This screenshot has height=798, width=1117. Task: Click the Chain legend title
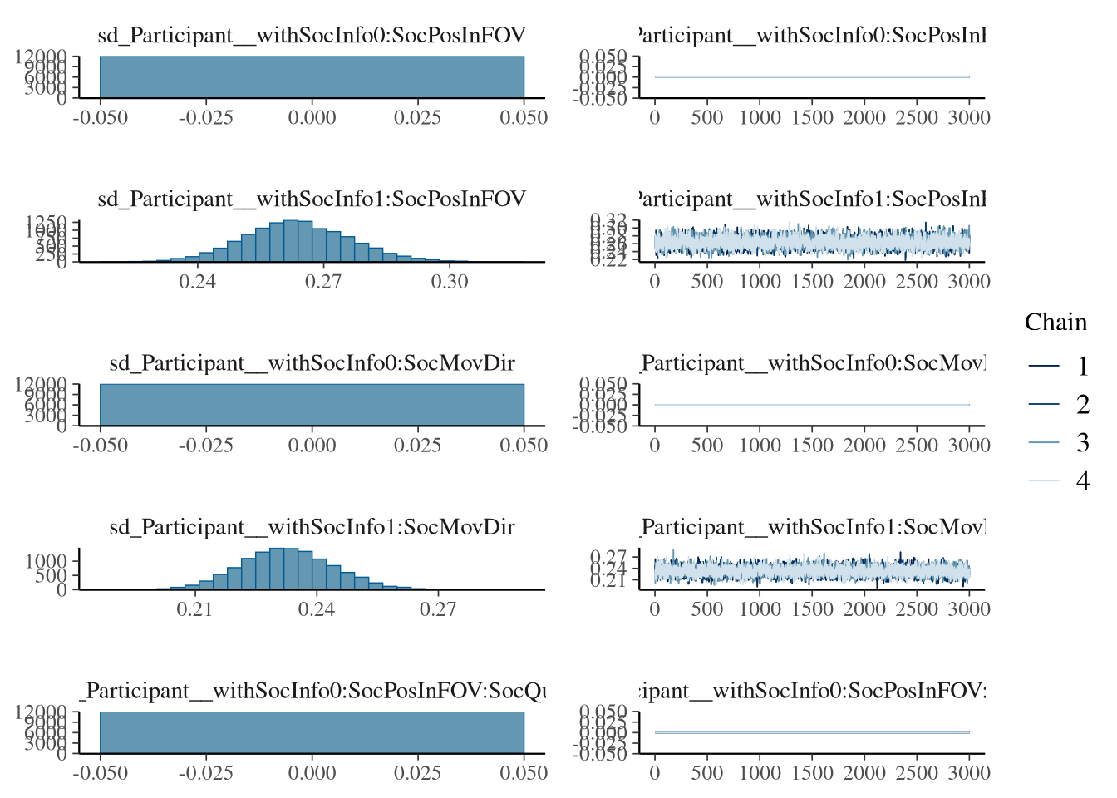(x=1055, y=323)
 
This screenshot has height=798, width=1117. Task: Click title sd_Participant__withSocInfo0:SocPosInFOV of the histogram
(x=312, y=36)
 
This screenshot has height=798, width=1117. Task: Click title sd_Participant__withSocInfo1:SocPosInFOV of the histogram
(x=312, y=199)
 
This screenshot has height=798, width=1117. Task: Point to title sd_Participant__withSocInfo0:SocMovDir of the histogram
(x=312, y=363)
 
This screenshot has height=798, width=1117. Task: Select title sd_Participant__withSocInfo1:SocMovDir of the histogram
(x=312, y=527)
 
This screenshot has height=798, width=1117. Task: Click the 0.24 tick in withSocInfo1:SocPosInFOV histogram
(x=197, y=282)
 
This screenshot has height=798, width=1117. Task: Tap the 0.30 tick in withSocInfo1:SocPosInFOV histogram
(x=450, y=282)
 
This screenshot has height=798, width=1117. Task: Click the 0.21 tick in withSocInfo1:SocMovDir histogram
(x=194, y=609)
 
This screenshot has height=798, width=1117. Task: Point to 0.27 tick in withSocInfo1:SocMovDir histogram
(x=438, y=609)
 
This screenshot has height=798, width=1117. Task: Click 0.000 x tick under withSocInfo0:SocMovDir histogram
(x=312, y=446)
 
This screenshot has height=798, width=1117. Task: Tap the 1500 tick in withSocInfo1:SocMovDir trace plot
(x=812, y=609)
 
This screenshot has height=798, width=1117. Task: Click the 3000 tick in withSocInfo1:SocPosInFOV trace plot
(x=969, y=282)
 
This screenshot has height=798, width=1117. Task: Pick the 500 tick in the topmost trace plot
(x=706, y=118)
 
